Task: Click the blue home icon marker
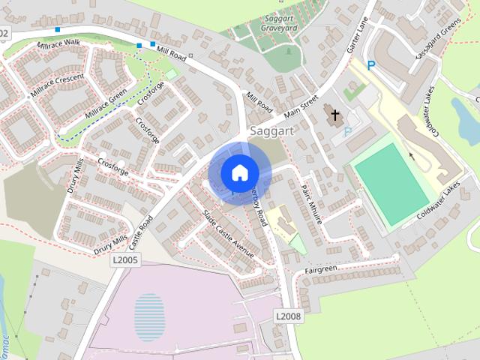(x=238, y=172)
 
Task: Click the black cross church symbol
(x=334, y=116)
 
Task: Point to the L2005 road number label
(x=125, y=259)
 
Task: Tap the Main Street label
(x=301, y=104)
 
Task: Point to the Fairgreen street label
(x=321, y=269)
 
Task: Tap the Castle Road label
(x=140, y=233)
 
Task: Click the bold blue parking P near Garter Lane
(x=370, y=66)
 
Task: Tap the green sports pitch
(x=390, y=184)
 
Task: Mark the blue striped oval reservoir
(x=149, y=317)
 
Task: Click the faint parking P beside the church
(x=347, y=132)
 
